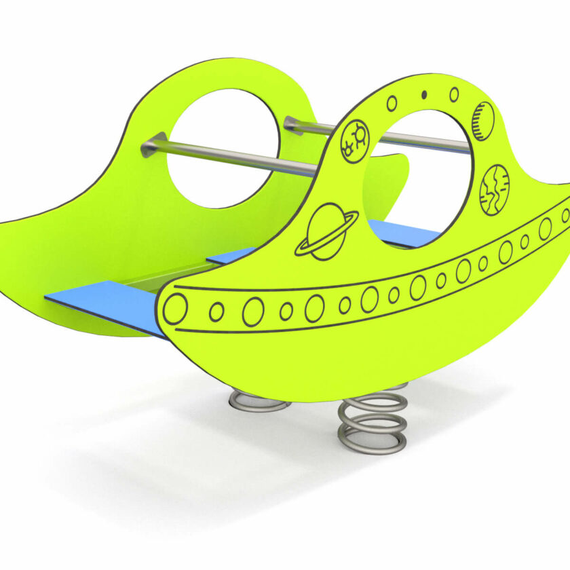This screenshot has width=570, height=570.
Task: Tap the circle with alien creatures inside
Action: [354, 140]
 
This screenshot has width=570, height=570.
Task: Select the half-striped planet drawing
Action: [482, 121]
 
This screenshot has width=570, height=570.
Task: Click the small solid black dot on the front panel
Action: [425, 94]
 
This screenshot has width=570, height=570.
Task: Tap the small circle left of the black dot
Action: [392, 103]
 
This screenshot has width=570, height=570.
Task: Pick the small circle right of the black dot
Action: [454, 94]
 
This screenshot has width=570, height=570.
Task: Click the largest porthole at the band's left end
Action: [174, 309]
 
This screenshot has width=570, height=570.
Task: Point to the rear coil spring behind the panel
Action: [259, 401]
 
